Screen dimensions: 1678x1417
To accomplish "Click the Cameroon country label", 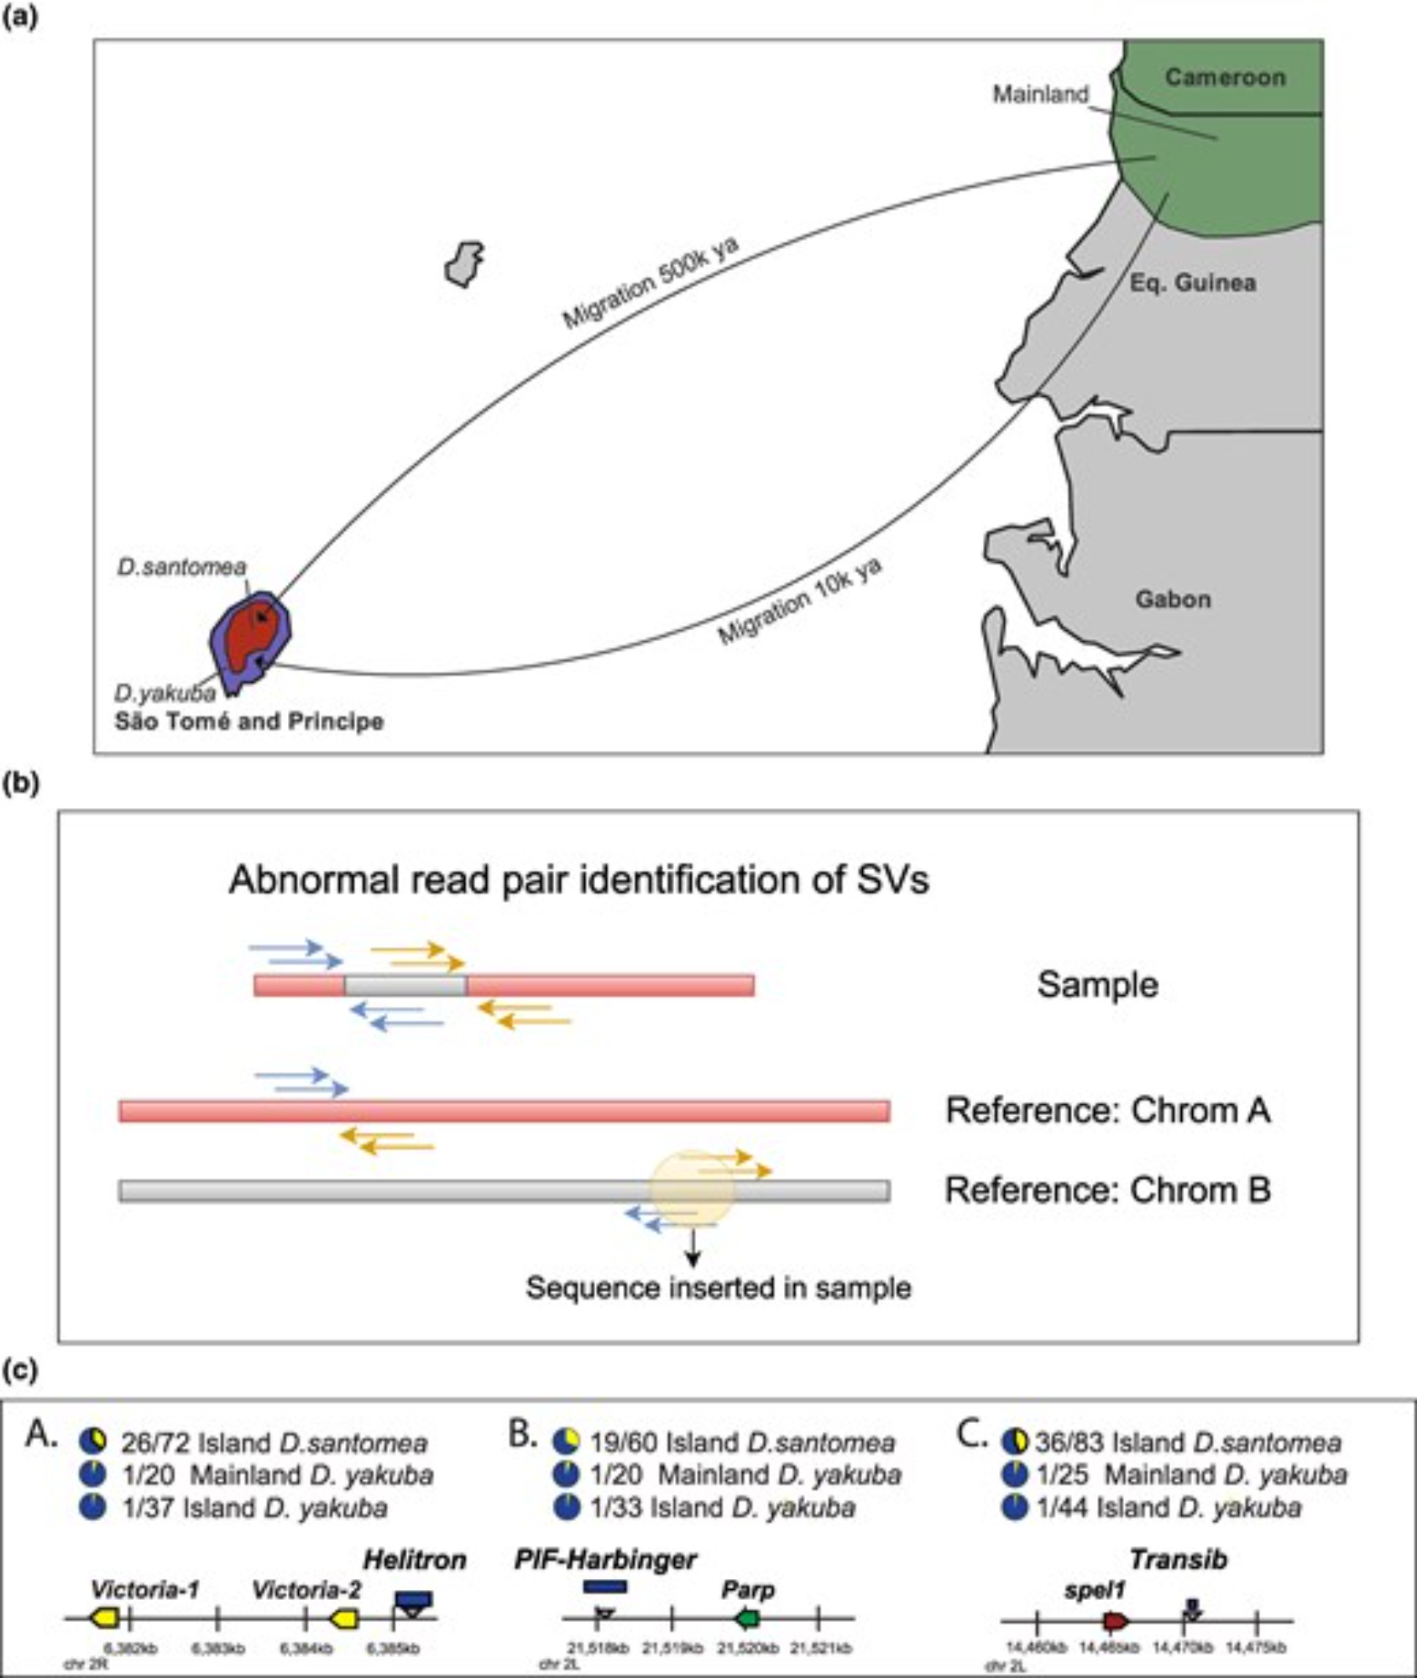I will tap(1225, 77).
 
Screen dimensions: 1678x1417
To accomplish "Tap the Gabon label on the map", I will tap(1173, 599).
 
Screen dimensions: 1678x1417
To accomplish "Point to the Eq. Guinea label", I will tap(1192, 283).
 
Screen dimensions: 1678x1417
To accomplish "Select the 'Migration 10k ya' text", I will tap(799, 601).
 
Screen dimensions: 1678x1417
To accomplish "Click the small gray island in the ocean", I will tap(463, 263).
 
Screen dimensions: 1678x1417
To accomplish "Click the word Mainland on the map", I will tap(1040, 94).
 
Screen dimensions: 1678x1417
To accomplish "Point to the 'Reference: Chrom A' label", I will tap(1107, 1110).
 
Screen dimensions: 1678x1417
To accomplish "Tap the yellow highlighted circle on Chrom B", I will tap(692, 1190).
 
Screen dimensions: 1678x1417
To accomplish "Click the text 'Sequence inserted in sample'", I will tap(718, 1287).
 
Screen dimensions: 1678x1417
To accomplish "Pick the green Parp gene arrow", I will tap(746, 1618).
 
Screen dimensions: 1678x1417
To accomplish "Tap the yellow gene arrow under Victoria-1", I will tap(105, 1618).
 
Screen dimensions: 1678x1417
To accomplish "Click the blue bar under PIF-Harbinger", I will tap(604, 1587).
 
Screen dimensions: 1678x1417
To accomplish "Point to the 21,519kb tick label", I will tap(672, 1648).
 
